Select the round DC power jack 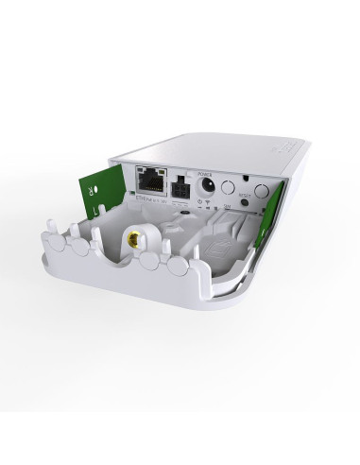[x=207, y=184]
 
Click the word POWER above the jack [x=204, y=170]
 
